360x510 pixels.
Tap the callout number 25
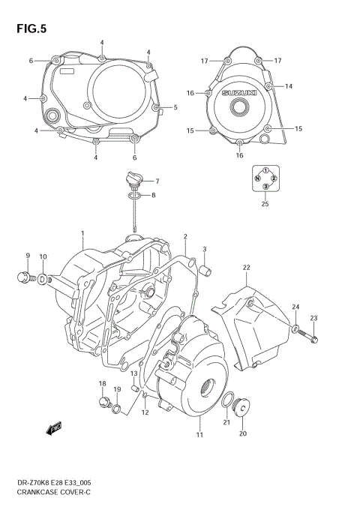pos(265,203)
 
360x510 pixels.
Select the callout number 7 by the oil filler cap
pos(158,181)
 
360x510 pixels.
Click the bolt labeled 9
pos(23,278)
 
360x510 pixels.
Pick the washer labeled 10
pos(43,280)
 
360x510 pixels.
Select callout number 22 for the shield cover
pos(246,268)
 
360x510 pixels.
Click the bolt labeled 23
pos(313,339)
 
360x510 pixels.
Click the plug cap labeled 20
pos(242,407)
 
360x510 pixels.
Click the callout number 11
pos(199,435)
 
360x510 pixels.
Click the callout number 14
pos(288,87)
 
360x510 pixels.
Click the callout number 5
pos(175,107)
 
